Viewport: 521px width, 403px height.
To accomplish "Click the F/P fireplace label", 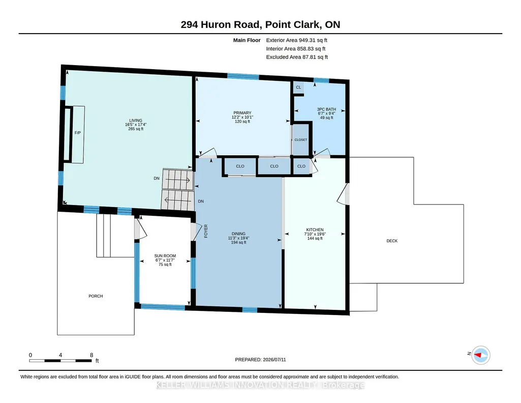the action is pos(77,133).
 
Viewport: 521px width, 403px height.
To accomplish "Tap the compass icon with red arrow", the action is pos(481,355).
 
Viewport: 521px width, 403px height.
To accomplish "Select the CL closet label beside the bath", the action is pos(298,88).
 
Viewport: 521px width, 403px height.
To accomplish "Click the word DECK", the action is pos(392,241).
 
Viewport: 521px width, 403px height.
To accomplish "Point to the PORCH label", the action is pos(96,296).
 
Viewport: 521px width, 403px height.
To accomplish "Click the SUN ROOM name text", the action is pos(165,256).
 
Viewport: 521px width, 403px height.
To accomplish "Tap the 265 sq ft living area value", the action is pos(136,129).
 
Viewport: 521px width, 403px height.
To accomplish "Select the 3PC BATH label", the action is pos(327,109).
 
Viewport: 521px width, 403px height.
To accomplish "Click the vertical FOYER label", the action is pos(206,231).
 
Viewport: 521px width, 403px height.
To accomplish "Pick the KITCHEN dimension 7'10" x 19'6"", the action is pos(315,234).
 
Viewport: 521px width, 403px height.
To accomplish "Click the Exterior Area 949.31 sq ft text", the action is pos(297,40).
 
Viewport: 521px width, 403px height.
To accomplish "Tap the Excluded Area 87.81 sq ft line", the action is pos(297,57).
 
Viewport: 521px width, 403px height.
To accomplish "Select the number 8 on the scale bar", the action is pos(91,355).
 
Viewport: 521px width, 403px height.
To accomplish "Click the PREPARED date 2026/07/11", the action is pos(274,359).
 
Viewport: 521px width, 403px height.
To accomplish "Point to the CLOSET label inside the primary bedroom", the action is pos(301,139).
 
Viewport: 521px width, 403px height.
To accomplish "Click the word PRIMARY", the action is pos(242,113).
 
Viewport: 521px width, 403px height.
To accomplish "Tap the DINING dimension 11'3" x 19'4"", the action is pos(238,238).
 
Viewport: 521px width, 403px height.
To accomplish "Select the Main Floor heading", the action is pos(247,40).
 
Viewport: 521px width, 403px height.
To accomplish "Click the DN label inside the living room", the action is pos(157,178).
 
